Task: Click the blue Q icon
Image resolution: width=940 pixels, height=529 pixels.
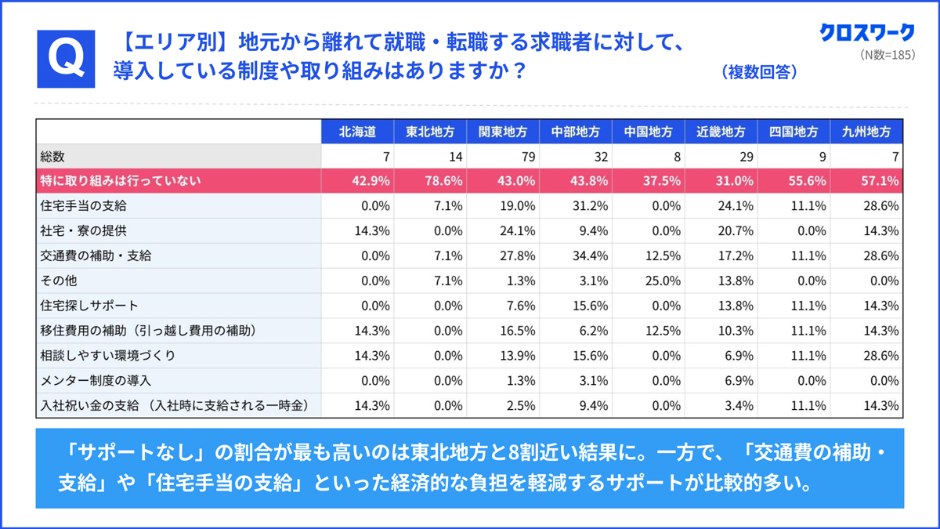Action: coord(66,59)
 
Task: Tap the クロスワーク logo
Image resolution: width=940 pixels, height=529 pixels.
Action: coord(867,32)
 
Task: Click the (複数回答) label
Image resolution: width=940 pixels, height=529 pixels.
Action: coord(759,72)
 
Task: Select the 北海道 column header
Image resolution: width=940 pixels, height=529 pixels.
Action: coord(357,132)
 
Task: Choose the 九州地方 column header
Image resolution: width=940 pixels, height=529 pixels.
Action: coord(866,132)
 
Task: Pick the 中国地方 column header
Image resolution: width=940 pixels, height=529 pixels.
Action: coord(648,132)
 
